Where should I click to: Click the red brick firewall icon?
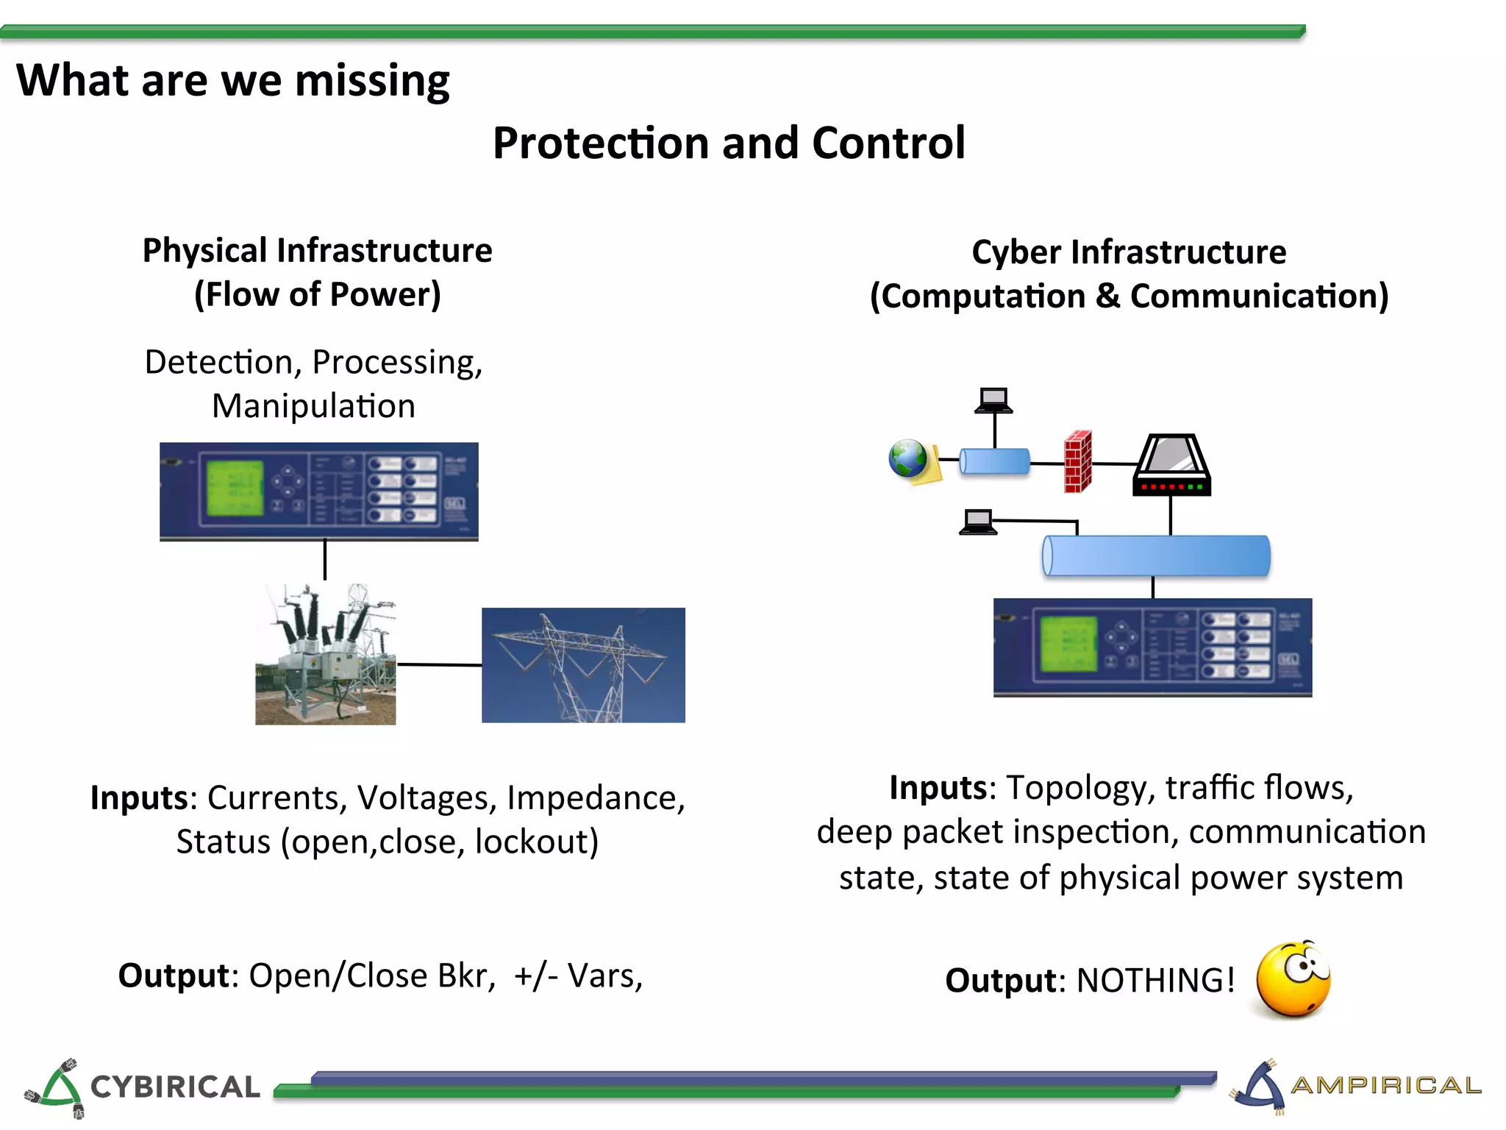1078,462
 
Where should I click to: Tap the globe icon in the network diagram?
909,459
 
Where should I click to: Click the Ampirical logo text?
1385,1085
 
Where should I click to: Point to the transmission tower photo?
583,665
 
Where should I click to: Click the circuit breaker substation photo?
325,654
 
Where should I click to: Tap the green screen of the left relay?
234,488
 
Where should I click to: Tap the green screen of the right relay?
1068,644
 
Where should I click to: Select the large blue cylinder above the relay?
1155,556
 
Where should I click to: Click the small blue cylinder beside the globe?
994,461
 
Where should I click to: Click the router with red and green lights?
1171,466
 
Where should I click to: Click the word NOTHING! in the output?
1155,981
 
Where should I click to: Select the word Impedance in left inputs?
596,798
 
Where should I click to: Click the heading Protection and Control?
728,143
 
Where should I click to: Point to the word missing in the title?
372,81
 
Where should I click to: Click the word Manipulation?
313,406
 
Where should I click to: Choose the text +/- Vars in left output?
578,976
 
